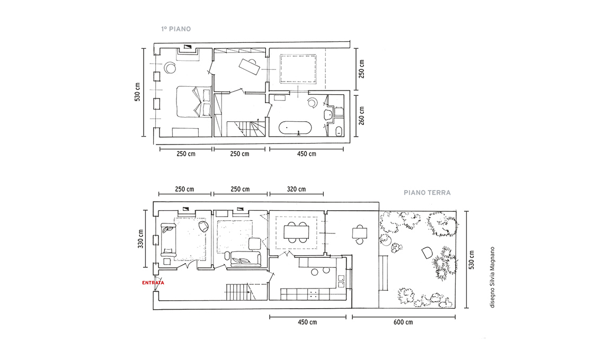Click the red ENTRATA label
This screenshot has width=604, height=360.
[x=153, y=283]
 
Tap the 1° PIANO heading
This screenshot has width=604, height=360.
[x=176, y=29]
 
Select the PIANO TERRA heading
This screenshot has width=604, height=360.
[x=427, y=193]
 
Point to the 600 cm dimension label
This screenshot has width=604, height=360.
[x=403, y=322]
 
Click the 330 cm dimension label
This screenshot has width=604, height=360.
[x=140, y=239]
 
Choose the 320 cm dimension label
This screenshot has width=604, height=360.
[x=296, y=189]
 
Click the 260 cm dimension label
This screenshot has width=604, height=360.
[x=361, y=115]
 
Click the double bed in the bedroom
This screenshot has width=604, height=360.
[x=194, y=101]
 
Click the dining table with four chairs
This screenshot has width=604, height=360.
[x=297, y=232]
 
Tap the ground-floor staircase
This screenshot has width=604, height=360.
[x=239, y=292]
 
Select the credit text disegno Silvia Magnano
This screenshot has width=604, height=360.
[x=492, y=277]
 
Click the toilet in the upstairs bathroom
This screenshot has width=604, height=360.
[x=339, y=131]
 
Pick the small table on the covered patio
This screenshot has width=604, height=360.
[x=359, y=233]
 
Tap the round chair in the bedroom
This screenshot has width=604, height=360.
[x=170, y=68]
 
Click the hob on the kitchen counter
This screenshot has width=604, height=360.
[x=314, y=295]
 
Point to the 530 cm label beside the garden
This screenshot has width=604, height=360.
[x=472, y=260]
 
